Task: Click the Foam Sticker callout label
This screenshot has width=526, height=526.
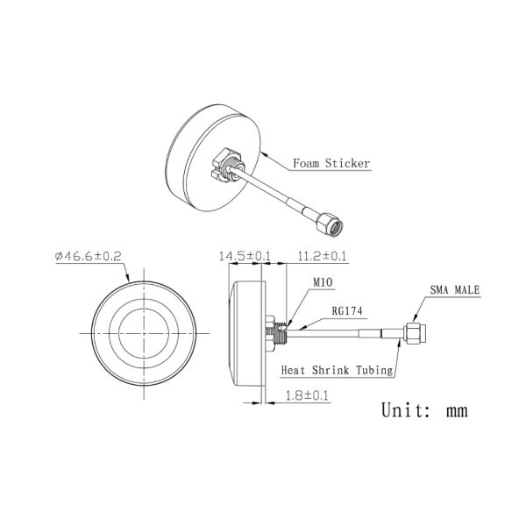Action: pyautogui.click(x=331, y=163)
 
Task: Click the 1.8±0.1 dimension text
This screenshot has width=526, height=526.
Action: pyautogui.click(x=308, y=395)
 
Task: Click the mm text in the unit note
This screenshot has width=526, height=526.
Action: pyautogui.click(x=457, y=410)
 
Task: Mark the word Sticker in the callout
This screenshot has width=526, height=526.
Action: pyautogui.click(x=349, y=163)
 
